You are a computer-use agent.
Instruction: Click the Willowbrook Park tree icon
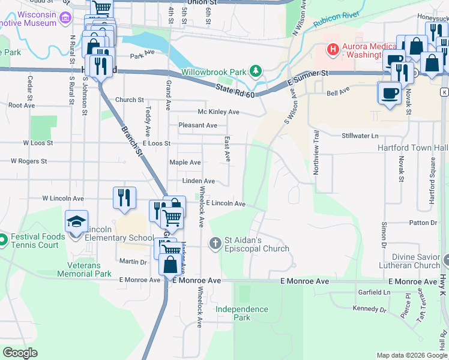coord(256,72)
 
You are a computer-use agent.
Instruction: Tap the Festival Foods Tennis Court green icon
coord(2,241)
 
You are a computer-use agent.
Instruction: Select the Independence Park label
coord(242,313)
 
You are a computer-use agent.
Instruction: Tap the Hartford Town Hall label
coord(412,148)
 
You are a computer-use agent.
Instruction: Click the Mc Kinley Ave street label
coord(218,112)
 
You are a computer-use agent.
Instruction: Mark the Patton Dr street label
coord(424,223)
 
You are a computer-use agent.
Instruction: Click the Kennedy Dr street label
coord(370,310)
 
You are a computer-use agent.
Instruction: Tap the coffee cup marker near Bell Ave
coord(389,93)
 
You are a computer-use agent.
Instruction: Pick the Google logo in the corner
coord(20,353)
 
